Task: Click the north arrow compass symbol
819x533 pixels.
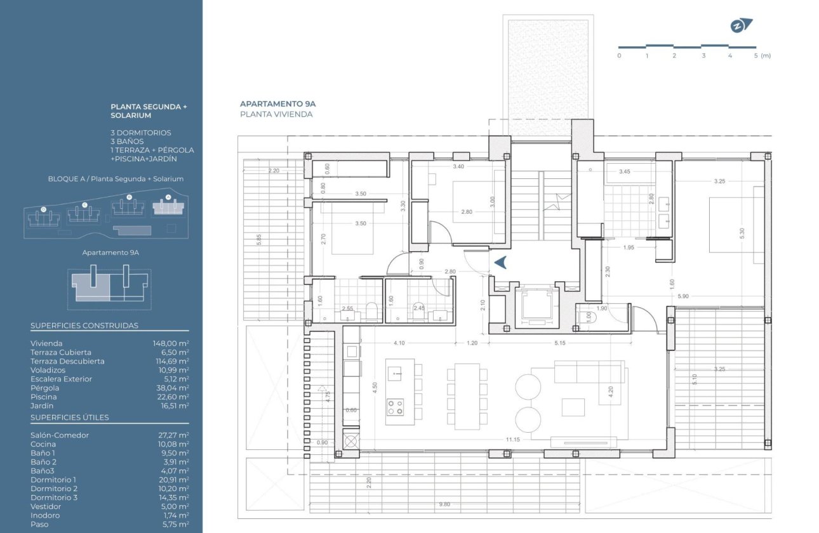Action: tap(740, 26)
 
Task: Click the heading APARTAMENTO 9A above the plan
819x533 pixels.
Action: tap(277, 103)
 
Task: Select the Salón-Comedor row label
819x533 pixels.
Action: tap(60, 435)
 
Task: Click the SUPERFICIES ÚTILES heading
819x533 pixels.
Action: tap(70, 418)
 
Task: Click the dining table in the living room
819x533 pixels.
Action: tap(467, 396)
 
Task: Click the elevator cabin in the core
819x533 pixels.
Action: tap(535, 305)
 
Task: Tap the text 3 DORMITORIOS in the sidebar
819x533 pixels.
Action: tap(141, 133)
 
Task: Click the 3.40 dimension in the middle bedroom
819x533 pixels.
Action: tap(458, 167)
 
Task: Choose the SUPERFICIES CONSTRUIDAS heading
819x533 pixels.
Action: tap(84, 326)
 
